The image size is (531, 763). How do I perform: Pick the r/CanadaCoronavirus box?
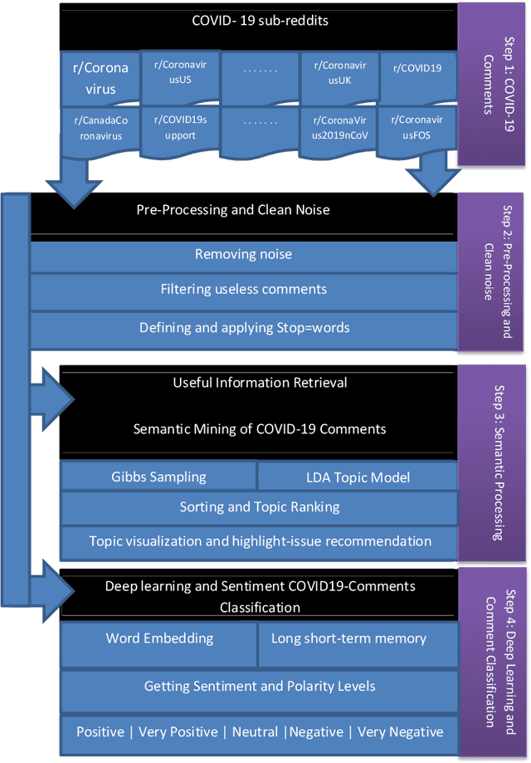point(98,127)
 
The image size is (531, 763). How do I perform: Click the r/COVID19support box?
point(179,126)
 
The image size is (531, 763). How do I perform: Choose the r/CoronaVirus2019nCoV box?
point(338,126)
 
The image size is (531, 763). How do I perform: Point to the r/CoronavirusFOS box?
point(417,126)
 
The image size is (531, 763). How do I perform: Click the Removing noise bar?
point(243,255)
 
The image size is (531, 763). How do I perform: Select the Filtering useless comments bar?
point(243,290)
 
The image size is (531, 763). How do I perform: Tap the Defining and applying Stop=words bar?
point(243,327)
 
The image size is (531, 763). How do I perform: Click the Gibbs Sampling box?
point(158,477)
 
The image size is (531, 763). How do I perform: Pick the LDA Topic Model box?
point(358,477)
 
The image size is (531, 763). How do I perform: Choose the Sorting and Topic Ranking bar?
point(259,506)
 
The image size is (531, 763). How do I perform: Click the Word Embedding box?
point(159,638)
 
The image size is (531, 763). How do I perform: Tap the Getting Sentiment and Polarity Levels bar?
point(259,686)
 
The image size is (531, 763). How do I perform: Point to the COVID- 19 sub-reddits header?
point(259,21)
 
